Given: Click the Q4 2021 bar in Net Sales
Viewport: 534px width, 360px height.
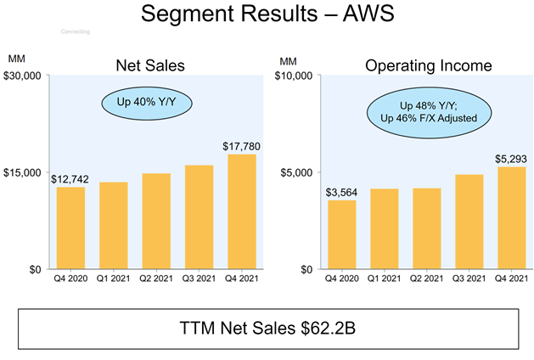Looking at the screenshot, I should [242, 211].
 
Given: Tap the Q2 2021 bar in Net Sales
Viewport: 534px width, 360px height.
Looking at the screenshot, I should [156, 221].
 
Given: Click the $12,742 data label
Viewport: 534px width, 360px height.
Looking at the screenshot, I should [71, 179].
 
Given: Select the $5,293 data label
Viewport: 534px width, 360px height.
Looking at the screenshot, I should [511, 159].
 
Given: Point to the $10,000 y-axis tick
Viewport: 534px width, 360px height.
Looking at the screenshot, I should [295, 76].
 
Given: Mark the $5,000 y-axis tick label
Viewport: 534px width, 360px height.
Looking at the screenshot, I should [297, 173].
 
